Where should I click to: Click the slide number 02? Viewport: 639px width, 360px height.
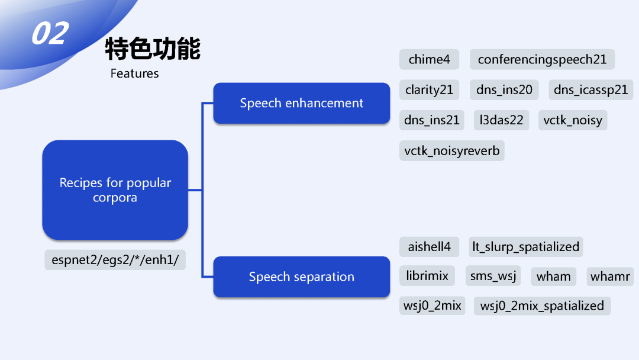[50, 34]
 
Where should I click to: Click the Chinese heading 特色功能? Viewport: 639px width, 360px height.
[153, 49]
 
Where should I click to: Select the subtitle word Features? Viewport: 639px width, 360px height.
[134, 73]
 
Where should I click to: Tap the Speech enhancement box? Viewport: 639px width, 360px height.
[301, 103]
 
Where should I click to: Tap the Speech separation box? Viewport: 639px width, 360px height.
[301, 277]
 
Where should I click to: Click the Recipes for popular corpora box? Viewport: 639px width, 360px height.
[115, 190]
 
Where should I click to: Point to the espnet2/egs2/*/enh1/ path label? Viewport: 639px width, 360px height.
[115, 259]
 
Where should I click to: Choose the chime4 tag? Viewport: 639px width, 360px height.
[429, 59]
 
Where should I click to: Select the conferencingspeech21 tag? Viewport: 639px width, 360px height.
[542, 59]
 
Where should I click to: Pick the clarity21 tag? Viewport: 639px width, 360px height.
[429, 90]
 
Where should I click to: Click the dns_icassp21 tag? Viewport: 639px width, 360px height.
[590, 90]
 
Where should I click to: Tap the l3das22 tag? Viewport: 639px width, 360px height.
[502, 120]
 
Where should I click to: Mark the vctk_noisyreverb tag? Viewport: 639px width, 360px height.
[451, 151]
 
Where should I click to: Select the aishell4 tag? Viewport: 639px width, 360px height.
[429, 246]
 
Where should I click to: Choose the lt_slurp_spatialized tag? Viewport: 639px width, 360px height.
[525, 246]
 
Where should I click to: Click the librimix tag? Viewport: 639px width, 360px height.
[427, 275]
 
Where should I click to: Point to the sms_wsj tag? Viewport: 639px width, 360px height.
[493, 276]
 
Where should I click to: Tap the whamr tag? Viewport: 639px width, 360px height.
[610, 276]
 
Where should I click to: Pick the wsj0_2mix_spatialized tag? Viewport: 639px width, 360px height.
[542, 306]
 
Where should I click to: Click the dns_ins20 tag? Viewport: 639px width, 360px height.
[504, 90]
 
